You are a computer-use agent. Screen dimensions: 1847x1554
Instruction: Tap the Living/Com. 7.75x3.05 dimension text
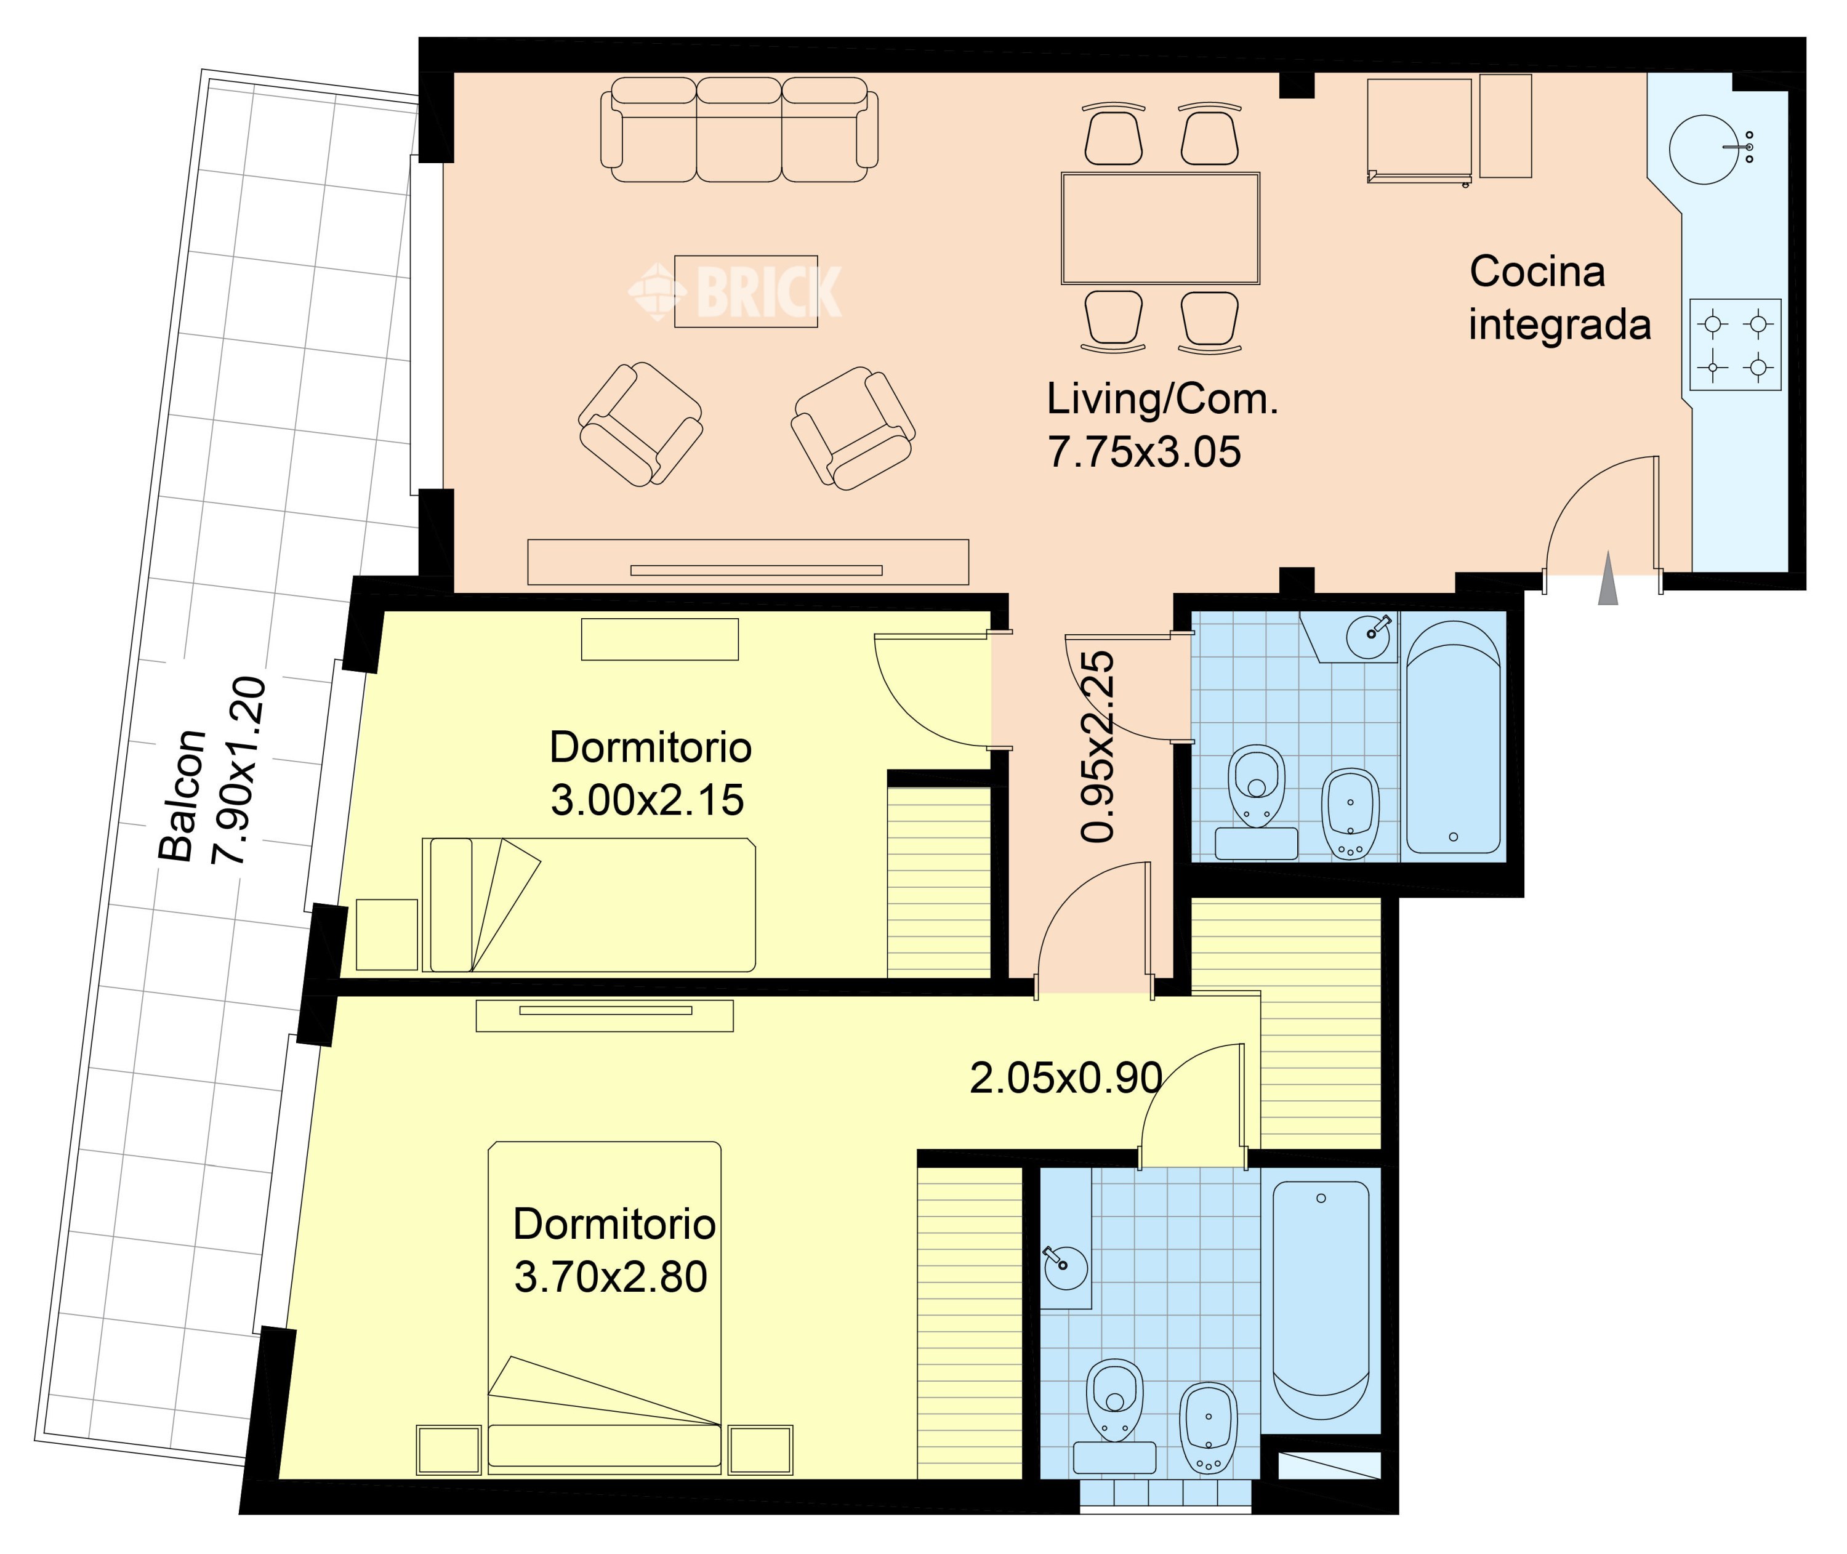point(1162,425)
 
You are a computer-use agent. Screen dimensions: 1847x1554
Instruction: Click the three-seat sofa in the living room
point(739,129)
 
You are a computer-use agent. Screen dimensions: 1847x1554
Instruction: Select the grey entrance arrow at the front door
point(1608,578)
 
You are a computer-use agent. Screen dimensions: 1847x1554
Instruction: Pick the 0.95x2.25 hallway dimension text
point(1098,747)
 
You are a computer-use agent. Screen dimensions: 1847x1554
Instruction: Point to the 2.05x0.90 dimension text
point(1066,1078)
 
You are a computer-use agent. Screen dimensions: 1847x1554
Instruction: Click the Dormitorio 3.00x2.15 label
point(650,773)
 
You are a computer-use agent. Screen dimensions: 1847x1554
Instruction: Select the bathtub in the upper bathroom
point(1454,738)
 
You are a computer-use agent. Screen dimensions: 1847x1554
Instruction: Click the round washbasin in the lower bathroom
point(1065,1268)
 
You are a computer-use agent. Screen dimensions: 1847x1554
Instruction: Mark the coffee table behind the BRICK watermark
point(746,292)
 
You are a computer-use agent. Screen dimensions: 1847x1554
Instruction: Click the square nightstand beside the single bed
point(387,935)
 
